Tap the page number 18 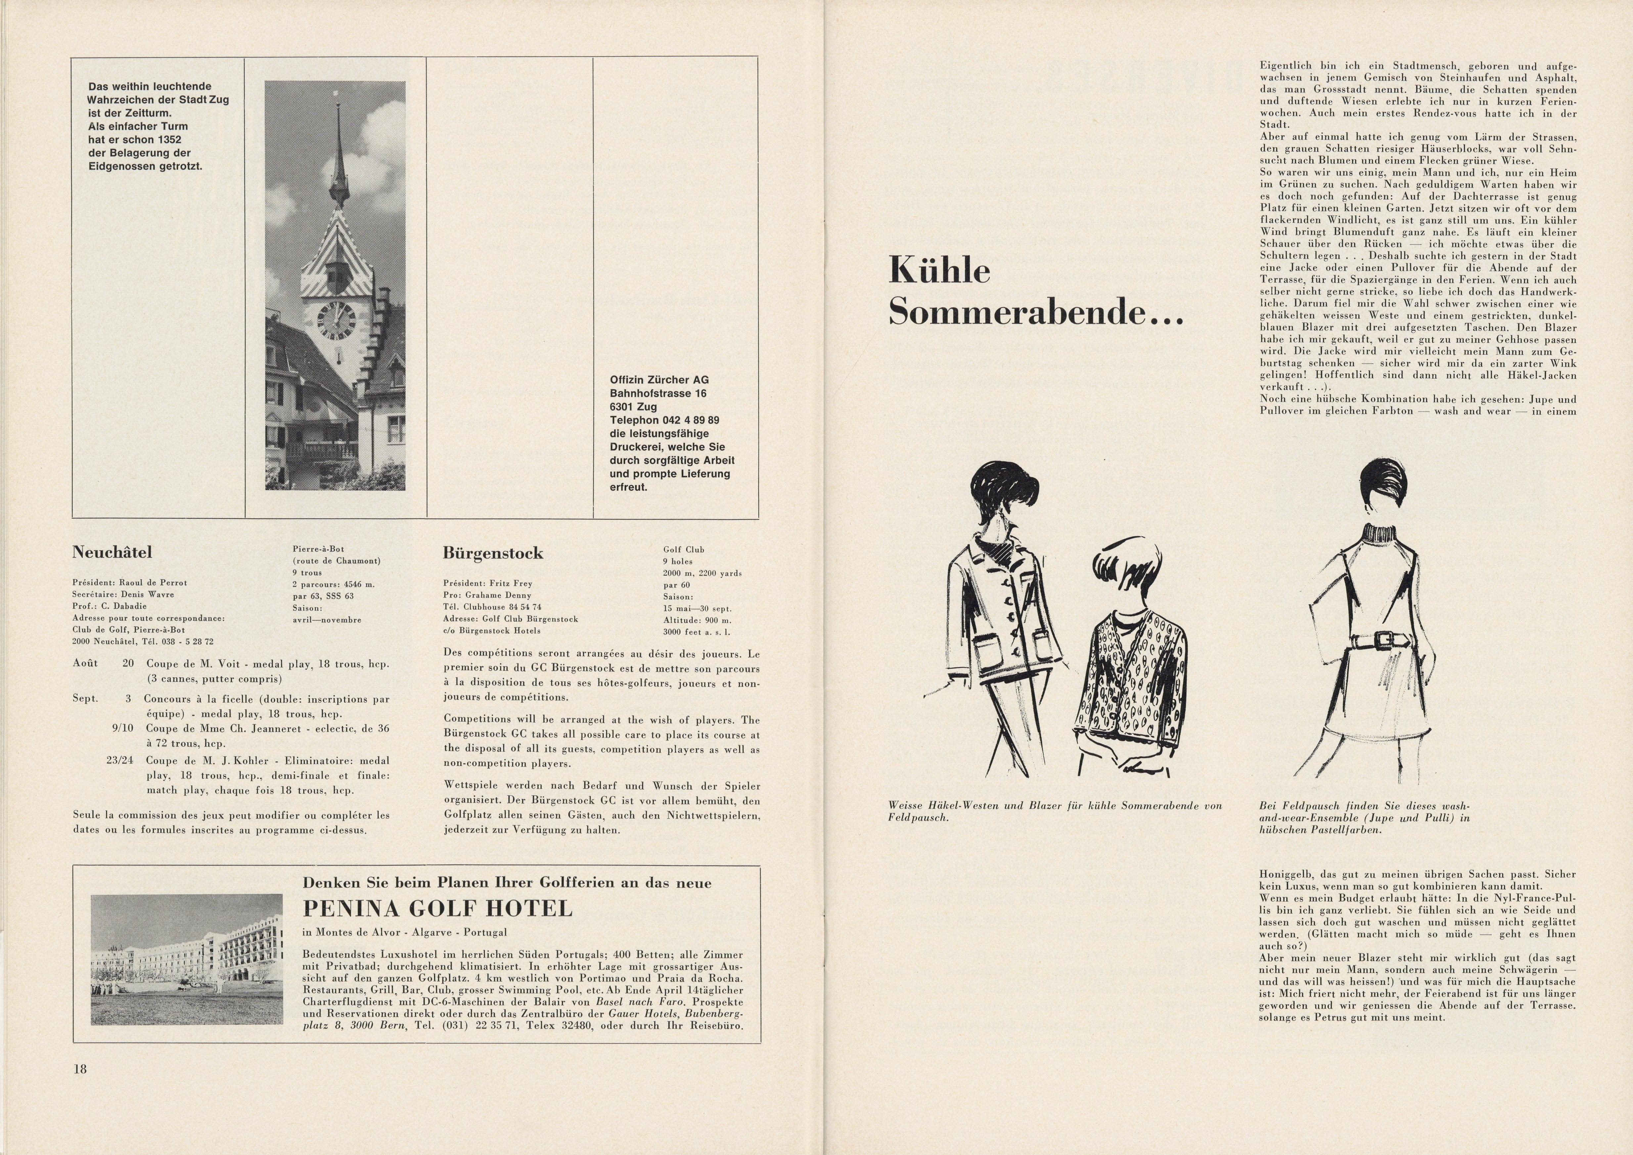pyautogui.click(x=80, y=1068)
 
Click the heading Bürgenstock pyautogui.click(x=493, y=553)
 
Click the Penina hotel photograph pyautogui.click(x=186, y=959)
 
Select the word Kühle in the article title pyautogui.click(x=939, y=271)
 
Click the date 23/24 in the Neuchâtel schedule pyautogui.click(x=119, y=760)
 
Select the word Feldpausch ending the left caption pyautogui.click(x=918, y=818)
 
